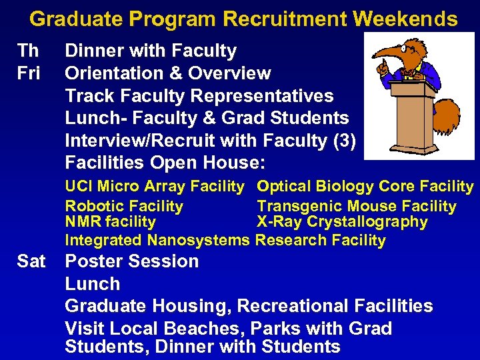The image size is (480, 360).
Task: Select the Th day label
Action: tap(28, 51)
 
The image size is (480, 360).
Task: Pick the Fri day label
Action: tap(29, 73)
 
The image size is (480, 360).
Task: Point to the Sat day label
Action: tap(31, 261)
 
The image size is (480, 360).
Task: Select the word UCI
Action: tap(79, 187)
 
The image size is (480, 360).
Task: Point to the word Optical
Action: tap(283, 187)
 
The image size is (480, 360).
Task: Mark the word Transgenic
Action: tap(295, 207)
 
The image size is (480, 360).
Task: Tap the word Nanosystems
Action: tap(198, 240)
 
